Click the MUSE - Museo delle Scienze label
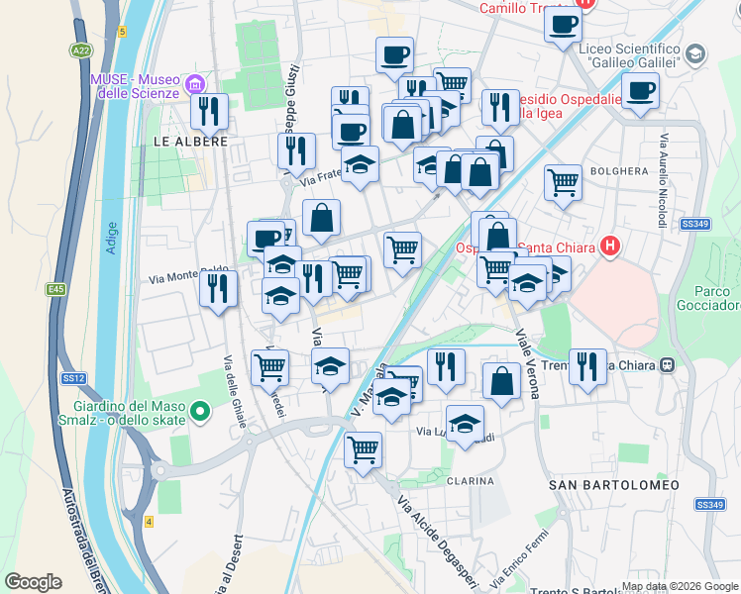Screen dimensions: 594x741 pyautogui.click(x=134, y=86)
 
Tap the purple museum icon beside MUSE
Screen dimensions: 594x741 pyautogui.click(x=195, y=81)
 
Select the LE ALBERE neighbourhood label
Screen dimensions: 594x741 pyautogui.click(x=190, y=142)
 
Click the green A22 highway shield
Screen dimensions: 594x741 pyautogui.click(x=81, y=49)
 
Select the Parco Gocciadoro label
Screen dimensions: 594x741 pyautogui.click(x=705, y=298)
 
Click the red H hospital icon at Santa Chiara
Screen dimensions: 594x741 pyautogui.click(x=610, y=246)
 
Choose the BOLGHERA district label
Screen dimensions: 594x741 pyautogui.click(x=619, y=171)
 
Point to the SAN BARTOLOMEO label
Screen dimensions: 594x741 pyautogui.click(x=614, y=485)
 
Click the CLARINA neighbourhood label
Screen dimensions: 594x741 pyautogui.click(x=470, y=481)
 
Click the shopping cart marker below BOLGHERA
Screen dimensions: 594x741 pyautogui.click(x=563, y=182)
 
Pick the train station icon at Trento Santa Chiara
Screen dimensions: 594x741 pyautogui.click(x=668, y=365)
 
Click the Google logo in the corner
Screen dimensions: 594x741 pyautogui.click(x=33, y=582)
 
